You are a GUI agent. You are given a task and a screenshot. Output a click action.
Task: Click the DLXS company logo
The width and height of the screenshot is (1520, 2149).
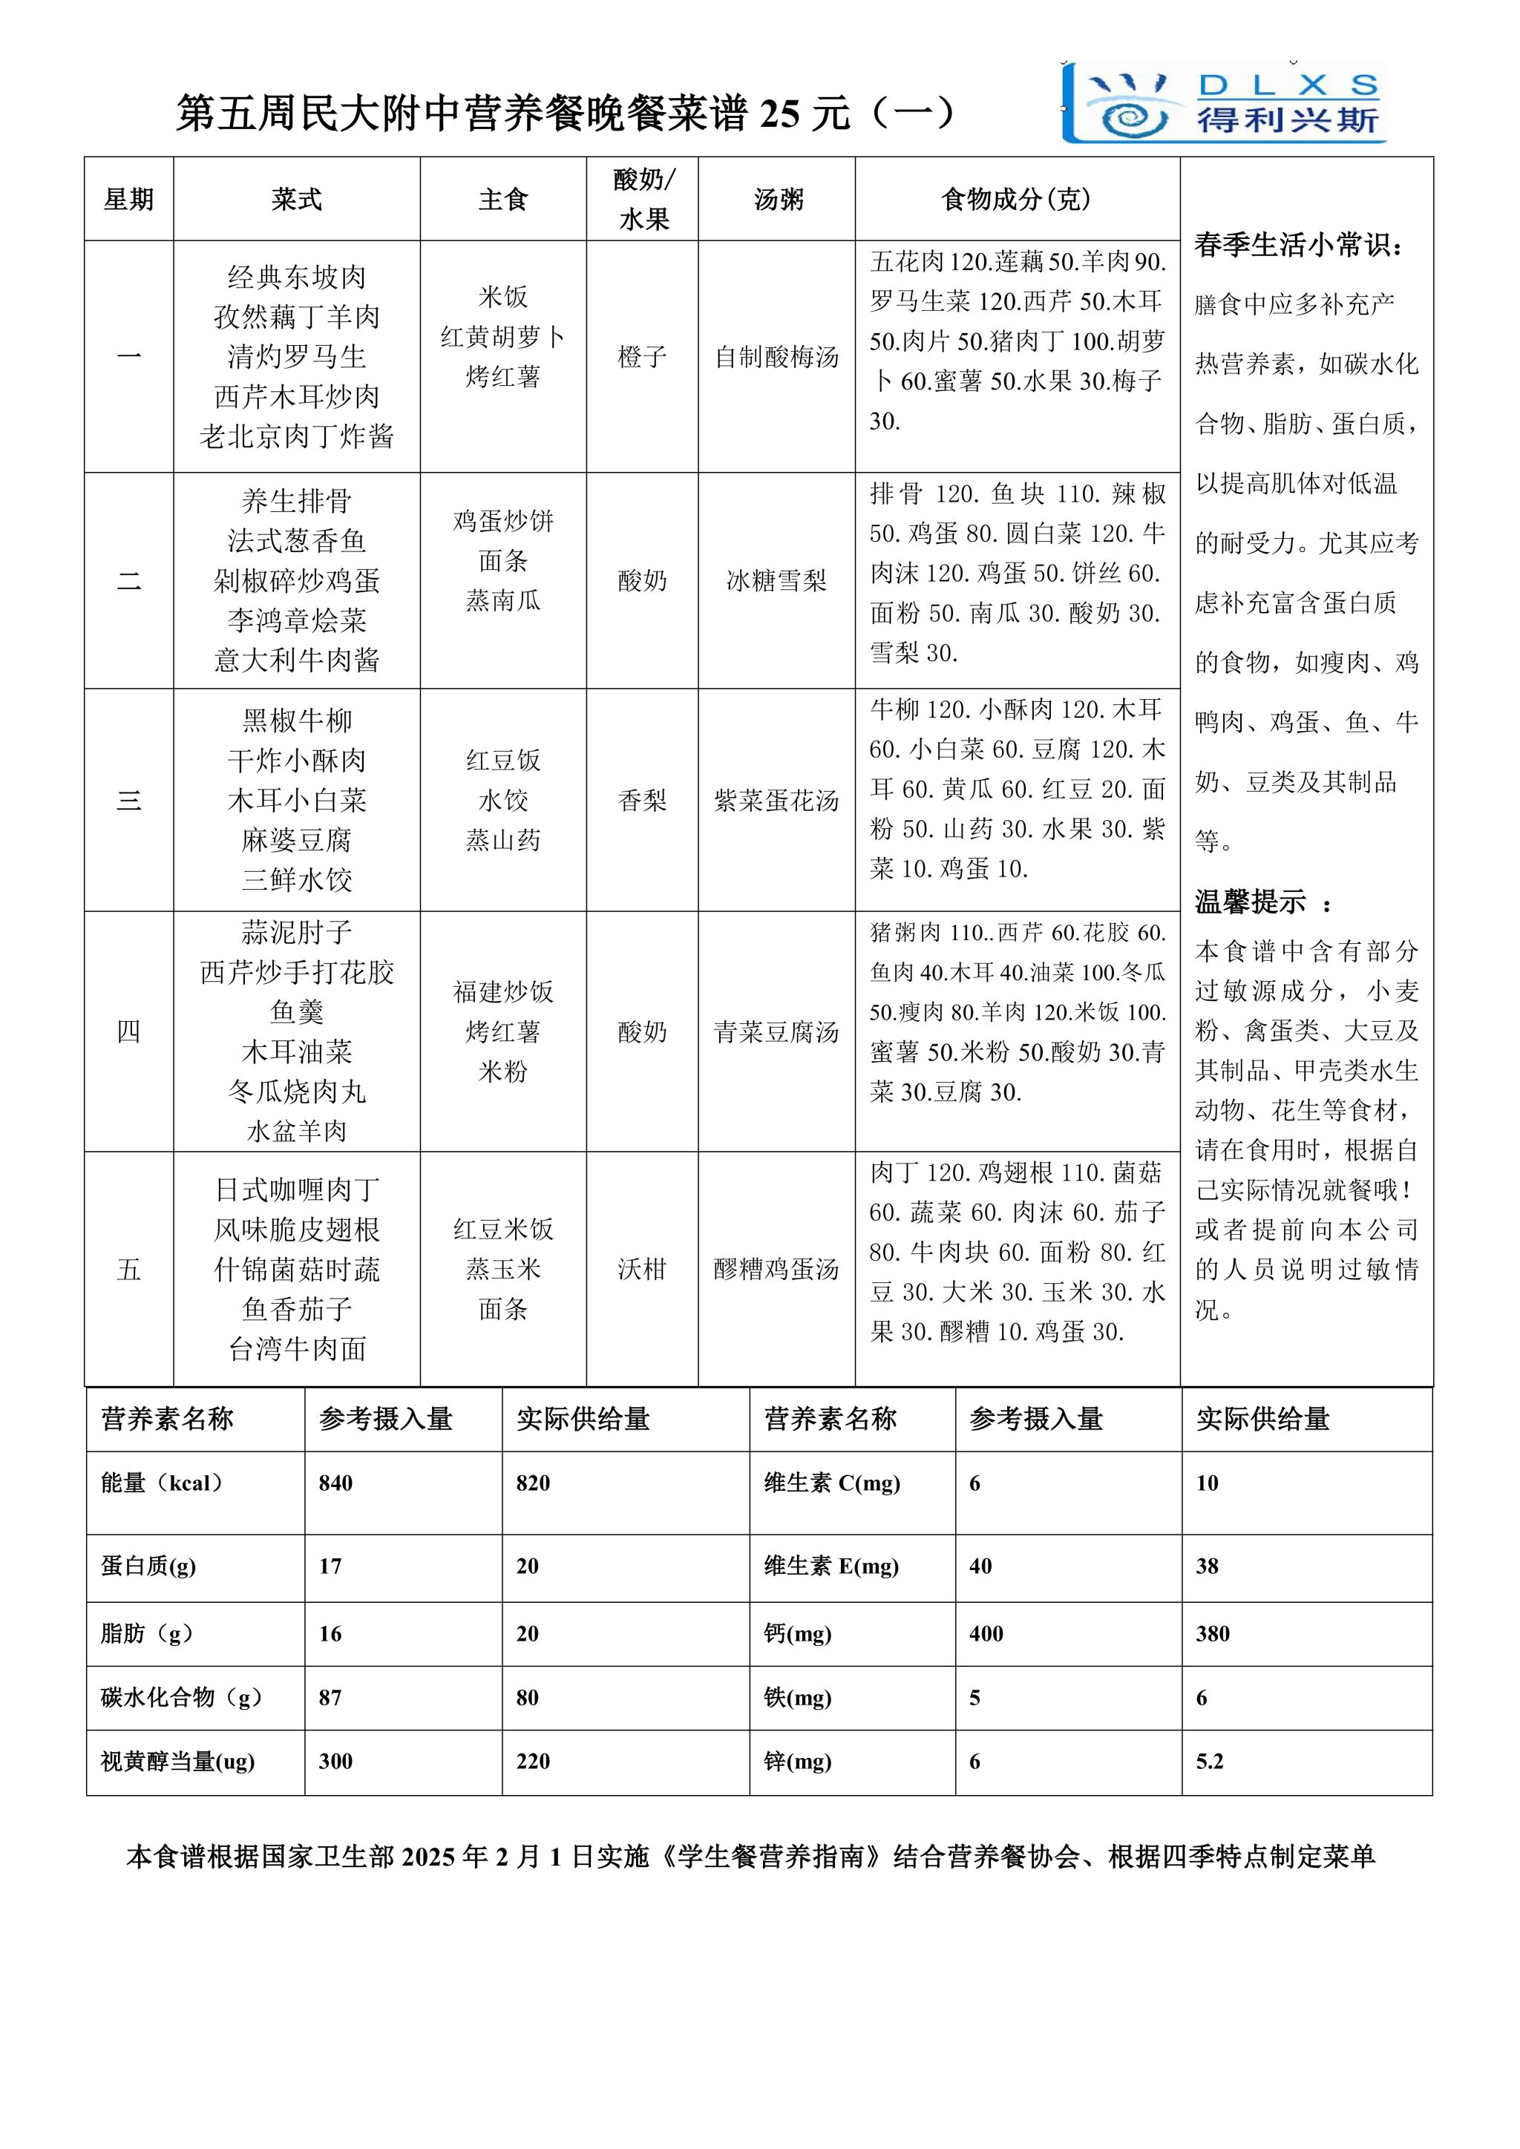1224,103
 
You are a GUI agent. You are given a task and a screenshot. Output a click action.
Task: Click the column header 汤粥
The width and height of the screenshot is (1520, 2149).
778,200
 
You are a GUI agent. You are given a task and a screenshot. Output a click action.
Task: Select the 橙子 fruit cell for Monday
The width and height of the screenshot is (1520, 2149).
642,357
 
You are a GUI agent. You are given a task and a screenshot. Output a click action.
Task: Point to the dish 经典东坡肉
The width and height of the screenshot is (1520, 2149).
297,277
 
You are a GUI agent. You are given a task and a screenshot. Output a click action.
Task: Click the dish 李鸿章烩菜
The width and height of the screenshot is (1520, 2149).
297,620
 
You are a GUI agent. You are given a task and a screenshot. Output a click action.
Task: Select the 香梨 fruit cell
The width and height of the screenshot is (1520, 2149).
642,800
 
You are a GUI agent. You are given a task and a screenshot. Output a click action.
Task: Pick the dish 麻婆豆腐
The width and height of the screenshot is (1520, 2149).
297,839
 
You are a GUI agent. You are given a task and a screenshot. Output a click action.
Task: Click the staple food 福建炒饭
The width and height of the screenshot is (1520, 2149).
503,991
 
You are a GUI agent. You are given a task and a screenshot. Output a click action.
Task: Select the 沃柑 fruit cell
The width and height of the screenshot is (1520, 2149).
642,1269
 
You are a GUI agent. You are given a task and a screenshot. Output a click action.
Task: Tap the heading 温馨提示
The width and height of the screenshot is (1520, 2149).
1251,902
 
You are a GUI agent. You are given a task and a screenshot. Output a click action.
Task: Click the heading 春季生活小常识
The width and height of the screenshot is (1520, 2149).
1299,245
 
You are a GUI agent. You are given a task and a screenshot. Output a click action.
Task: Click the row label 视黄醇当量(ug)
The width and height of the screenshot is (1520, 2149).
178,1762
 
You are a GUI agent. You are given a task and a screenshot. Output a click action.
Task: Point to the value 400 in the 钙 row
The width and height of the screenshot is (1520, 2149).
986,1634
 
